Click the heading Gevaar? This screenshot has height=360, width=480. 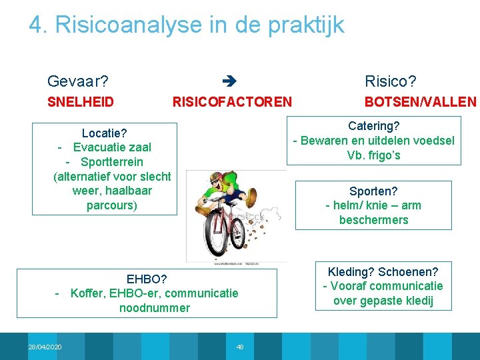pyautogui.click(x=78, y=82)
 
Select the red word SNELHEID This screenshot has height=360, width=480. pyautogui.click(x=80, y=102)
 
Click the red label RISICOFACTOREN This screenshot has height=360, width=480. pyautogui.click(x=232, y=102)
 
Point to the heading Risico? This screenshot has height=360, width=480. pyautogui.click(x=390, y=82)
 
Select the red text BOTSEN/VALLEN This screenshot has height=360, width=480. pyautogui.click(x=420, y=102)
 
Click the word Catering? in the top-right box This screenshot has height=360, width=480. pyautogui.click(x=373, y=126)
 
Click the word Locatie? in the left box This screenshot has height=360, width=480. pyautogui.click(x=105, y=133)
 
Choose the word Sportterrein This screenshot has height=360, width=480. pyautogui.click(x=111, y=162)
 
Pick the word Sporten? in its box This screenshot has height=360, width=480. pyautogui.click(x=373, y=191)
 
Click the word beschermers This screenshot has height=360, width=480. pyautogui.click(x=373, y=220)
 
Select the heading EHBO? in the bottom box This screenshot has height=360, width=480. pyautogui.click(x=146, y=279)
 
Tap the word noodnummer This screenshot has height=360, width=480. pyautogui.click(x=155, y=308)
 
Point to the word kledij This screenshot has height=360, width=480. pyautogui.click(x=418, y=301)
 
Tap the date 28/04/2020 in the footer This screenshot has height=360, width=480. pyautogui.click(x=45, y=347)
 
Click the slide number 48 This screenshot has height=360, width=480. pyautogui.click(x=240, y=347)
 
